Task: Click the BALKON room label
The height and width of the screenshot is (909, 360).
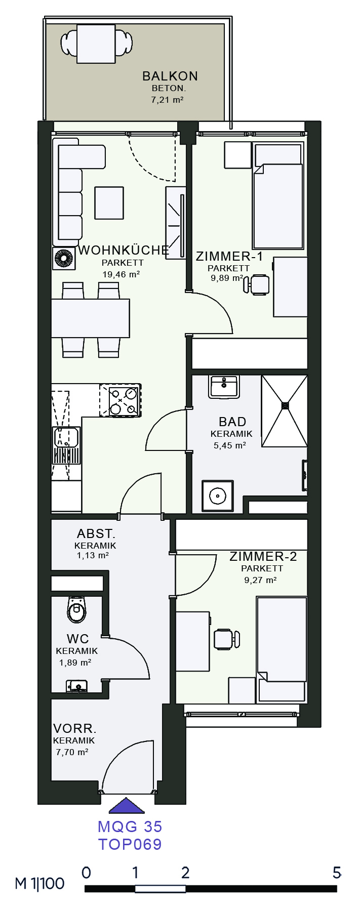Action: click(170, 76)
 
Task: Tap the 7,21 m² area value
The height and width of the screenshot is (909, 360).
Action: click(167, 100)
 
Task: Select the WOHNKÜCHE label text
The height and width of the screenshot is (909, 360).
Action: click(124, 250)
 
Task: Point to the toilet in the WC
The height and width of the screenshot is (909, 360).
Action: click(76, 610)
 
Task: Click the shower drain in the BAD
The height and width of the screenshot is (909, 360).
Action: click(285, 405)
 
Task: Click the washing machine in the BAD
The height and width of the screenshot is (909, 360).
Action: click(218, 496)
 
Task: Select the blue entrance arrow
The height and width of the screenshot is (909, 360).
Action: click(127, 805)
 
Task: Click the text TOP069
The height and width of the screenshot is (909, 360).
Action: click(130, 844)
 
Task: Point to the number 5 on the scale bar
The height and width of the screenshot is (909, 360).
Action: click(337, 873)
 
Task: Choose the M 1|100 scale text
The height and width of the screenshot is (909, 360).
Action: click(39, 884)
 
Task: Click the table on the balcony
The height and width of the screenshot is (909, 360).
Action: click(96, 44)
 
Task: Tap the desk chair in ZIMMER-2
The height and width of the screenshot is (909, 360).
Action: click(226, 639)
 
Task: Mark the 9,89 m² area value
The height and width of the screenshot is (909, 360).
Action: click(227, 278)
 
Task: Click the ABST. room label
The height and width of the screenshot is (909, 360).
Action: click(96, 533)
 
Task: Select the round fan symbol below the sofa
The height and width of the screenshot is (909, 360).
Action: click(64, 258)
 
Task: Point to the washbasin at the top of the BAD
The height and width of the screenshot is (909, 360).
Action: click(223, 387)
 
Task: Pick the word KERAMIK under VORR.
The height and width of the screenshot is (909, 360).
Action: click(74, 740)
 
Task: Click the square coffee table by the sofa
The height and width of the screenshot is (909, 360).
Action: click(109, 203)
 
